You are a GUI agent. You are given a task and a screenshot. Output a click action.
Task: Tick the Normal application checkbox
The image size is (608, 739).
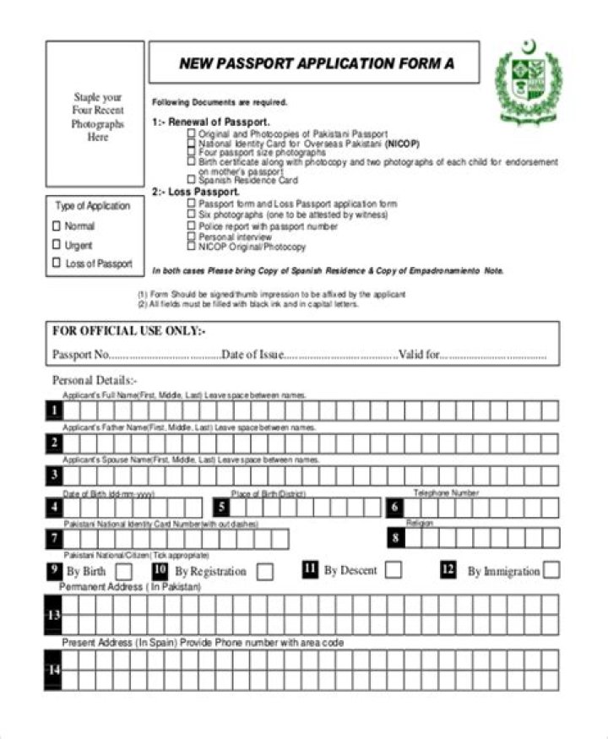[x=57, y=226]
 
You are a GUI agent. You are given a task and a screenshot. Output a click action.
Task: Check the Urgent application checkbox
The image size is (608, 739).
[x=57, y=245]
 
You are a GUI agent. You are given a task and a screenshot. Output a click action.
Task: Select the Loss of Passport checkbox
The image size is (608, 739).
[x=57, y=264]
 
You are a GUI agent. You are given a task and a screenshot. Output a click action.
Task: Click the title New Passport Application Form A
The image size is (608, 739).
[x=311, y=63]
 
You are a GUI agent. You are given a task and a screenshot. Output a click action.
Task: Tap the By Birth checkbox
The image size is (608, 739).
[x=123, y=571]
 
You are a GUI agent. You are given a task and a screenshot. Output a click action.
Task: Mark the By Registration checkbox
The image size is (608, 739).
[x=265, y=572]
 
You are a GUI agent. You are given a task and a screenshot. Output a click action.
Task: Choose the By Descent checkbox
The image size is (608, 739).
[x=393, y=570]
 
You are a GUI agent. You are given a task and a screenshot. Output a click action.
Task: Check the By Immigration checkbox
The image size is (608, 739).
[x=551, y=571]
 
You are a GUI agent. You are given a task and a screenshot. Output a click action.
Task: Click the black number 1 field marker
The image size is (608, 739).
[x=54, y=410]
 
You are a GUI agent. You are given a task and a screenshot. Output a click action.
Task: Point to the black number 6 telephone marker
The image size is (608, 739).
[x=395, y=507]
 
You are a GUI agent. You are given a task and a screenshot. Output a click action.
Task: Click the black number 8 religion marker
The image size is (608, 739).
[x=395, y=538]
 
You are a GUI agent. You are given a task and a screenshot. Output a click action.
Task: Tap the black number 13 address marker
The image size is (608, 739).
[x=53, y=615]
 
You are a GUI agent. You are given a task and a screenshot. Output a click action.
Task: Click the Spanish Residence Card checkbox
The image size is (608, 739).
[x=192, y=180]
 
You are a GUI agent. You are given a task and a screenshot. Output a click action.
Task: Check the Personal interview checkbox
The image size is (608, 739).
[x=192, y=237]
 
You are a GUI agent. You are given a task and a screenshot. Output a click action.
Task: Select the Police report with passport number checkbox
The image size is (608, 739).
[x=192, y=226]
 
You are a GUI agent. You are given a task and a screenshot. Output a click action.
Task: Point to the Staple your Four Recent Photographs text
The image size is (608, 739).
[x=97, y=117]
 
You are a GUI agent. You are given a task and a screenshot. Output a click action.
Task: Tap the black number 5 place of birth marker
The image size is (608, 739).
[x=221, y=507]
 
